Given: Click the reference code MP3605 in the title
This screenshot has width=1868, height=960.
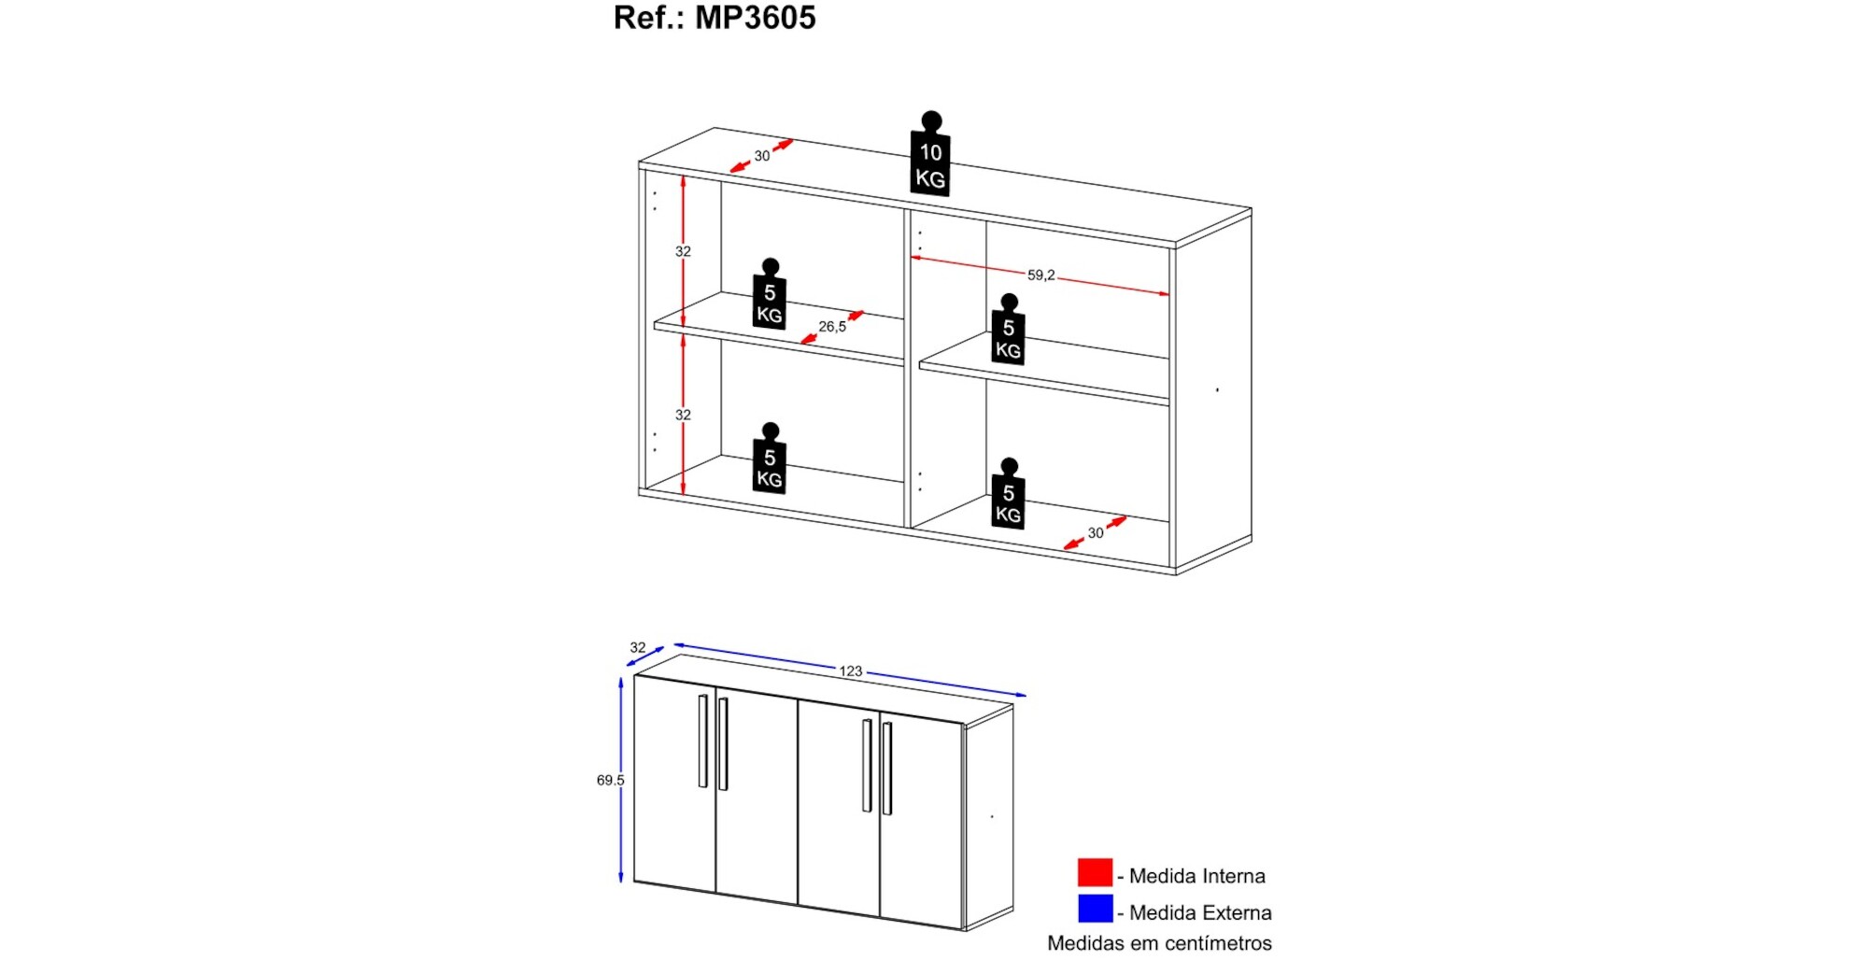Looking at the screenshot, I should (x=755, y=18).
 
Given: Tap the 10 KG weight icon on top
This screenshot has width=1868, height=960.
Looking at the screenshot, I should (x=930, y=162).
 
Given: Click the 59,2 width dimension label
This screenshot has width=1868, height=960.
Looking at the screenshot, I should (x=1040, y=275).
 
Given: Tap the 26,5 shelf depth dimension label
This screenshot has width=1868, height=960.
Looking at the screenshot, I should (x=832, y=327).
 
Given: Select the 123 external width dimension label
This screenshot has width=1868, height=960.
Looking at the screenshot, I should (x=850, y=671).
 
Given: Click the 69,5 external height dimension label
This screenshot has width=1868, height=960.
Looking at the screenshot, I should (x=610, y=781).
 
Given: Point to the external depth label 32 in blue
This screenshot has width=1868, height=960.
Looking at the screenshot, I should (x=638, y=648).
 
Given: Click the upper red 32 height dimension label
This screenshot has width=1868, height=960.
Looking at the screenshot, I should (x=684, y=251).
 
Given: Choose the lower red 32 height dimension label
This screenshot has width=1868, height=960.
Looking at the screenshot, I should (x=684, y=415).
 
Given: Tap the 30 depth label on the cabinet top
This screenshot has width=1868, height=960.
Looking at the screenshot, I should (x=762, y=156).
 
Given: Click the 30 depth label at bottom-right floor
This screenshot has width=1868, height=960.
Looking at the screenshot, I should (x=1096, y=533).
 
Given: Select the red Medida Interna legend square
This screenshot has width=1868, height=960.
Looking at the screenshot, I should (x=1095, y=873).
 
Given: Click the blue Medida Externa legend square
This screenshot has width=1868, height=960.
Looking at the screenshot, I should (x=1095, y=910).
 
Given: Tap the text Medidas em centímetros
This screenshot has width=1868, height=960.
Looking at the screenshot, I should (x=1159, y=943).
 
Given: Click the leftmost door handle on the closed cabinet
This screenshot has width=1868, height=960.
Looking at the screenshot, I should (x=702, y=741).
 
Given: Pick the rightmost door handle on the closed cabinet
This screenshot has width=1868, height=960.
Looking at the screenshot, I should (x=886, y=769).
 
